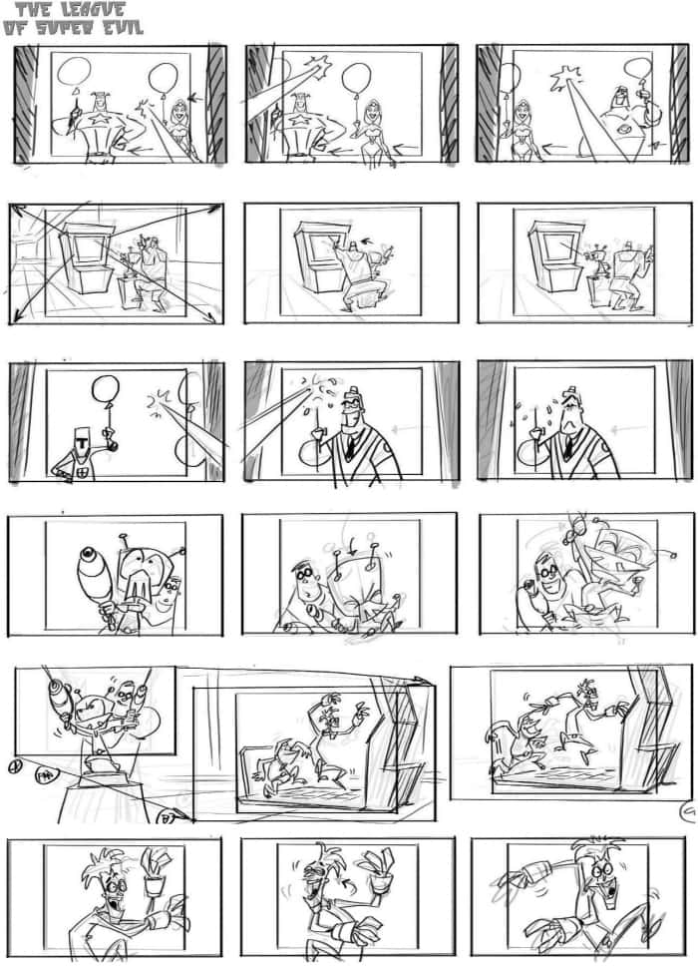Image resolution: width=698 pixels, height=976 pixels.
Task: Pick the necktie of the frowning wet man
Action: coord(565,446)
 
